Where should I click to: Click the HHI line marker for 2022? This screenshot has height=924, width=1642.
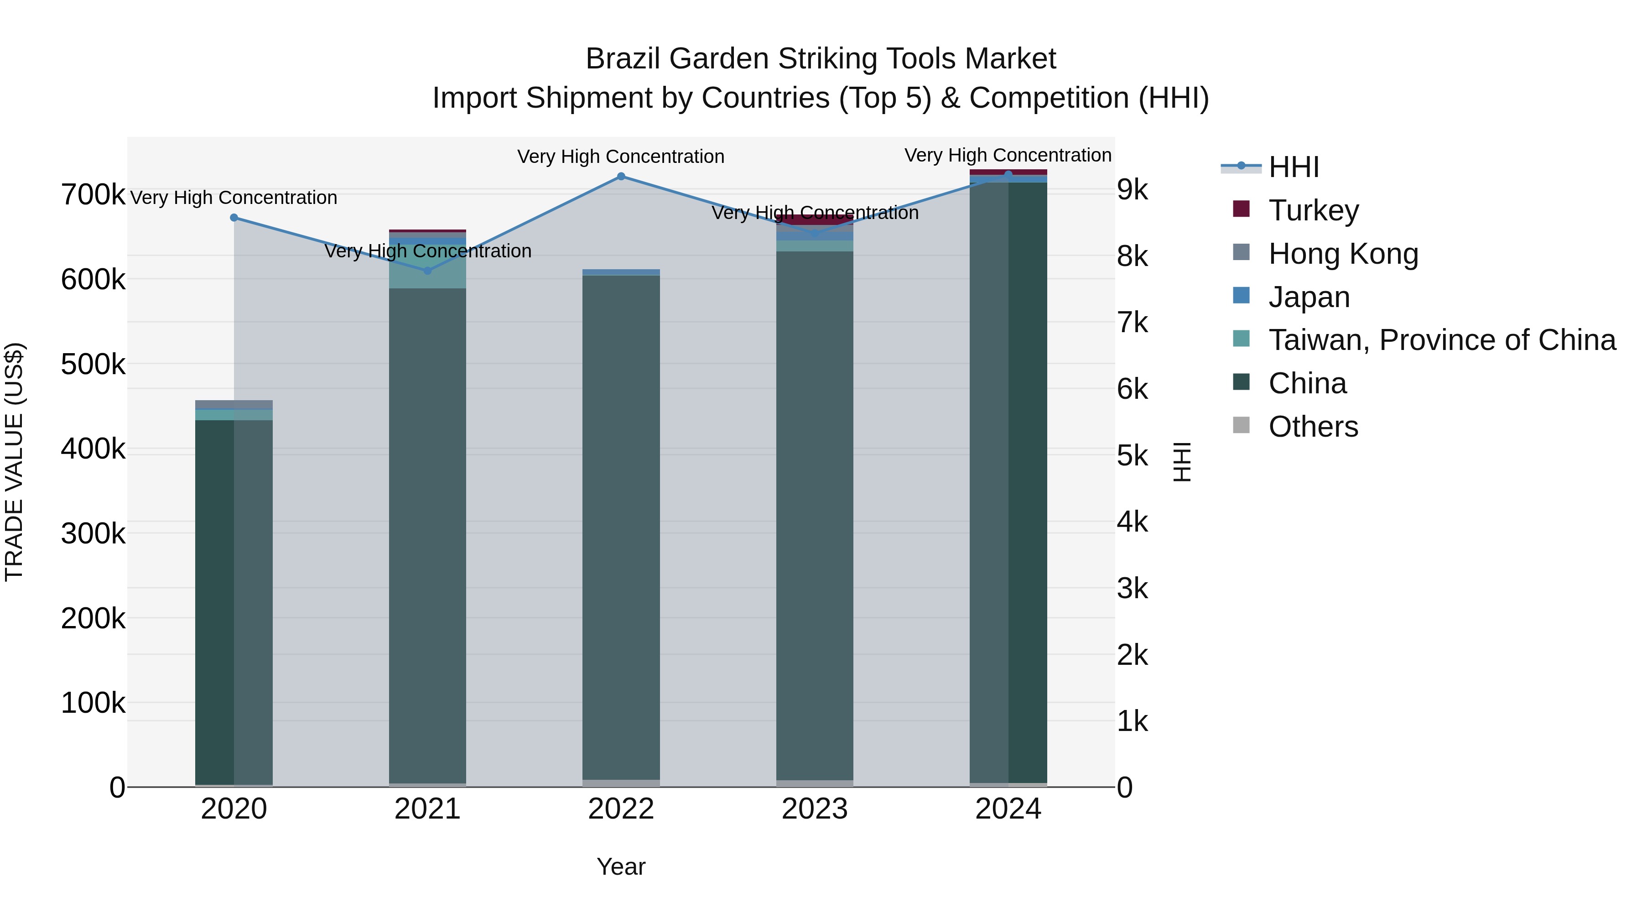pos(621,177)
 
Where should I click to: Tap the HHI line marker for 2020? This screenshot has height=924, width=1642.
pos(234,218)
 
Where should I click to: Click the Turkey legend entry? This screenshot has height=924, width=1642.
pos(1313,210)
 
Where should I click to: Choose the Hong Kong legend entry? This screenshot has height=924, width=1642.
pos(1343,254)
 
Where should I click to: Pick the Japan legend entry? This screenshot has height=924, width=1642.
pos(1309,297)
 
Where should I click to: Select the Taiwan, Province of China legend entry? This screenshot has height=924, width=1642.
pos(1441,340)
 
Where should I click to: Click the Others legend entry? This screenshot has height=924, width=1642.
pos(1313,427)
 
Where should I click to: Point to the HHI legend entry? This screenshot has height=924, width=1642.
pos(1294,167)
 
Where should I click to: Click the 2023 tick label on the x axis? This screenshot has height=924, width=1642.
pos(815,809)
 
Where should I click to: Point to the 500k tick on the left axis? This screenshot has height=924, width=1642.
pos(93,365)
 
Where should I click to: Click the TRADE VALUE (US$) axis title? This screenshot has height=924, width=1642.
pos(14,462)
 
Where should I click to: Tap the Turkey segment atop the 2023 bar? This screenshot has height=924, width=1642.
pos(815,219)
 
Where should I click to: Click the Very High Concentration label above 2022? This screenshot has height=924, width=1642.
pos(621,157)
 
